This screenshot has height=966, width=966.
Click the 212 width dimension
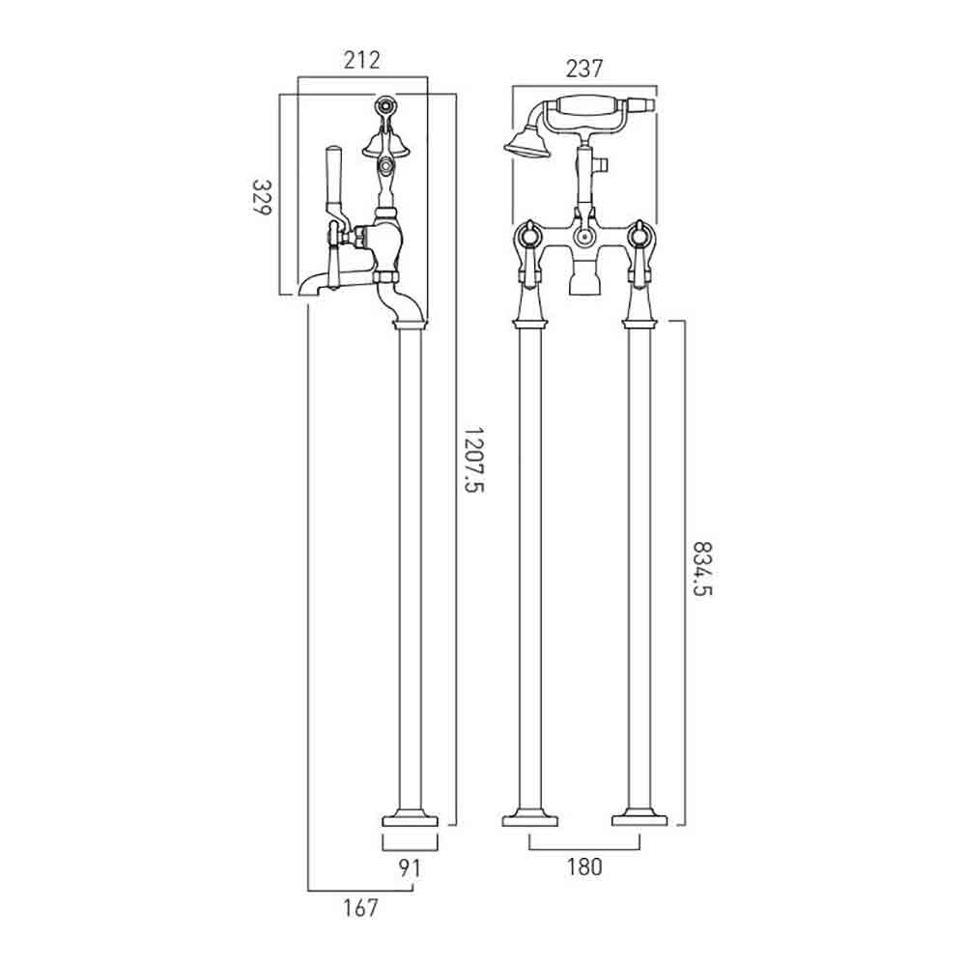coord(361,60)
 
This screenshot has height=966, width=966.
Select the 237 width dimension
coord(584,69)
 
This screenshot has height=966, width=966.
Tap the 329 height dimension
coord(262,197)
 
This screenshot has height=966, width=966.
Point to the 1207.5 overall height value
coord(474,460)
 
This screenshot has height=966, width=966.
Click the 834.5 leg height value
coord(703,569)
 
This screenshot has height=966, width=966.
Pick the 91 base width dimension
coord(410,868)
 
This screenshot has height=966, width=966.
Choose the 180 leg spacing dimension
coord(584,867)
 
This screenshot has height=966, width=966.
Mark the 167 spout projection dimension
coord(360,907)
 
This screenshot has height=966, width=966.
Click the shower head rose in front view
coord(526,144)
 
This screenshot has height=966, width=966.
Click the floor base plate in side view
coord(410,820)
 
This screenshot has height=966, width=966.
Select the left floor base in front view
coord(529,820)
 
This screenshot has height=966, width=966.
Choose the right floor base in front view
coord(639,820)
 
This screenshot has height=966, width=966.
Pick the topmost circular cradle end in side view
coord(386,105)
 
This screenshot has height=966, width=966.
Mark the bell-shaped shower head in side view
coord(379,146)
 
